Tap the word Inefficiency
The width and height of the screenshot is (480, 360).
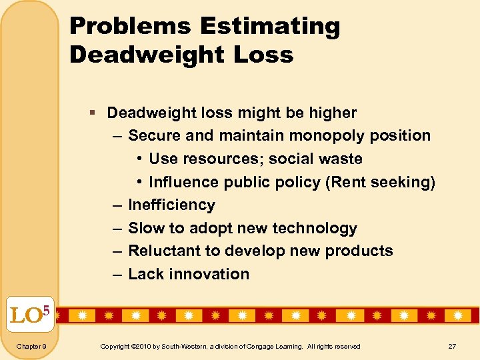(x=171, y=205)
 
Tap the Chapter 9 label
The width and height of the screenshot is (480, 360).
(x=31, y=347)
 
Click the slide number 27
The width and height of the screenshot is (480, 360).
(x=452, y=347)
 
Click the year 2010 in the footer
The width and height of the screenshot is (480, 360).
(x=142, y=347)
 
